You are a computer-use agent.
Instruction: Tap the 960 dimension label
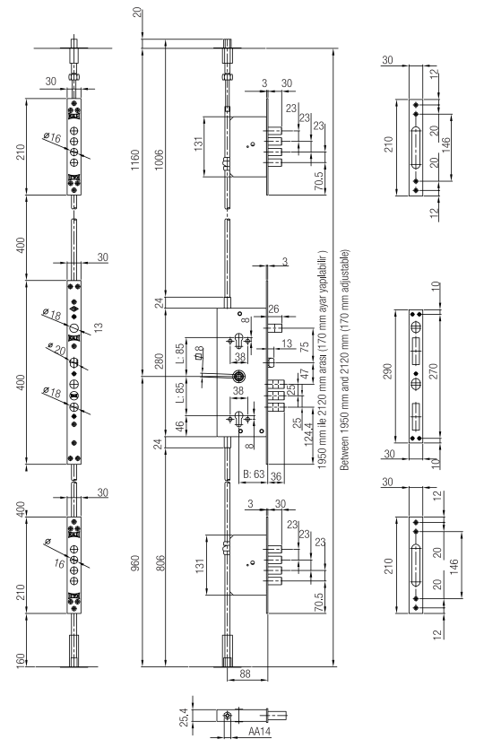(135, 563)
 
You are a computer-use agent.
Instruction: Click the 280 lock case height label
(160, 361)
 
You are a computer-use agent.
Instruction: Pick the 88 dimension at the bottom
(245, 674)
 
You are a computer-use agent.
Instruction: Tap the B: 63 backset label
(254, 474)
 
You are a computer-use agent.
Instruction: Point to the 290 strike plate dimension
(387, 371)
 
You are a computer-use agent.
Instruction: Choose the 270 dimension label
(433, 371)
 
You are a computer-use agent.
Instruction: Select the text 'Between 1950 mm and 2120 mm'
(344, 387)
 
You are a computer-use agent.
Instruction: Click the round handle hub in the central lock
(238, 377)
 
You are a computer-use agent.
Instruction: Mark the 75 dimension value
(305, 347)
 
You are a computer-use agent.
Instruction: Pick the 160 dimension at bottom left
(21, 660)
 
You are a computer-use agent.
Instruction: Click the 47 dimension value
(305, 375)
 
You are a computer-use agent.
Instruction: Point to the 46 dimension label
(180, 426)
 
